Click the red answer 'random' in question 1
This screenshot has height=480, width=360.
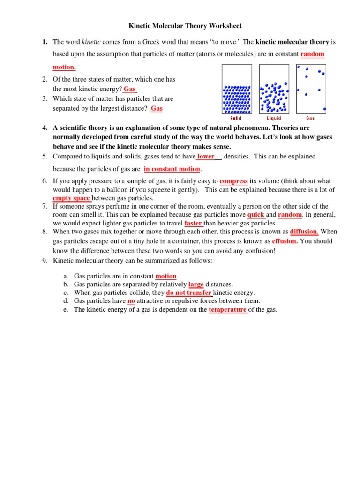(312, 54)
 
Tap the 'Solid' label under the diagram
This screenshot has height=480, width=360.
(236, 119)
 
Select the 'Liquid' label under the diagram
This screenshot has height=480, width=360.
(274, 119)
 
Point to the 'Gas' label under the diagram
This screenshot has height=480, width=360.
(310, 119)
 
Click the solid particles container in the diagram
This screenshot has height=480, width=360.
(236, 90)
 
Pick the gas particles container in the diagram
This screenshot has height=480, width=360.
(311, 90)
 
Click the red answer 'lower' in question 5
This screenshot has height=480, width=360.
(206, 157)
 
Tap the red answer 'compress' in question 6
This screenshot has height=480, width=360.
(233, 181)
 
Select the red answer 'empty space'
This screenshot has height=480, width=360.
(71, 198)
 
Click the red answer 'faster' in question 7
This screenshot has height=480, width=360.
(193, 223)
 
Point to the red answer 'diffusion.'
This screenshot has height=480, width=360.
(304, 232)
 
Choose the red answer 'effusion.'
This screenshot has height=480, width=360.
(285, 241)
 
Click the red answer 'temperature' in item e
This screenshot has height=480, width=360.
(227, 310)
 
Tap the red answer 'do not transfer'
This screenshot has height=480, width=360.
(188, 292)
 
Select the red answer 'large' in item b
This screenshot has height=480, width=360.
(196, 284)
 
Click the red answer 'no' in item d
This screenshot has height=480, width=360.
(131, 301)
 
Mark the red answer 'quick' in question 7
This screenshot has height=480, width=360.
(256, 215)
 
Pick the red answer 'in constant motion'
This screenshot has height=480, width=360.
(172, 169)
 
